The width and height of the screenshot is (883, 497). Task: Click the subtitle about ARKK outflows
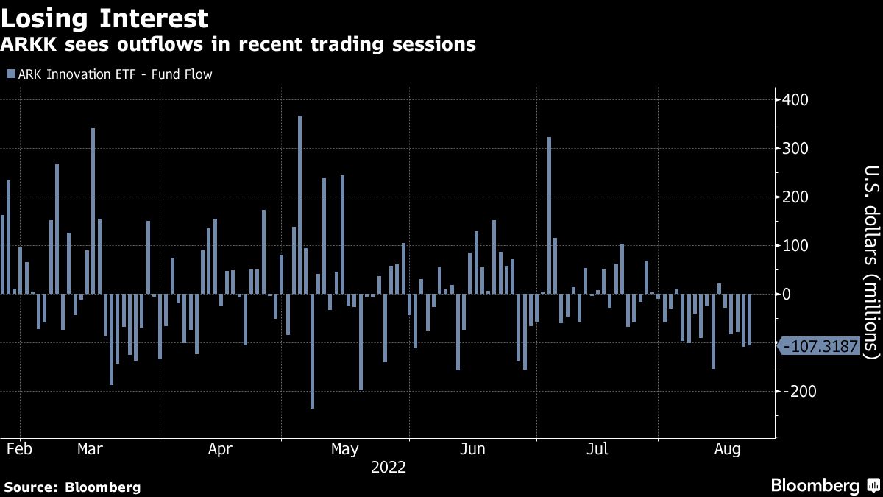tap(238, 45)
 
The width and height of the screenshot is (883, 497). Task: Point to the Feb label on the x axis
tap(18, 448)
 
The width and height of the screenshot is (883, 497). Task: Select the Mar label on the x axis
tap(90, 448)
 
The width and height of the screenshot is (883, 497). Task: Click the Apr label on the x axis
tap(221, 448)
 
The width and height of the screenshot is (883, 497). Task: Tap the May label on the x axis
tap(344, 448)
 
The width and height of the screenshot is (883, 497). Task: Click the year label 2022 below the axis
tap(388, 467)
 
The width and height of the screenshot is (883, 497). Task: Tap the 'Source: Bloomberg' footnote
tap(72, 487)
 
